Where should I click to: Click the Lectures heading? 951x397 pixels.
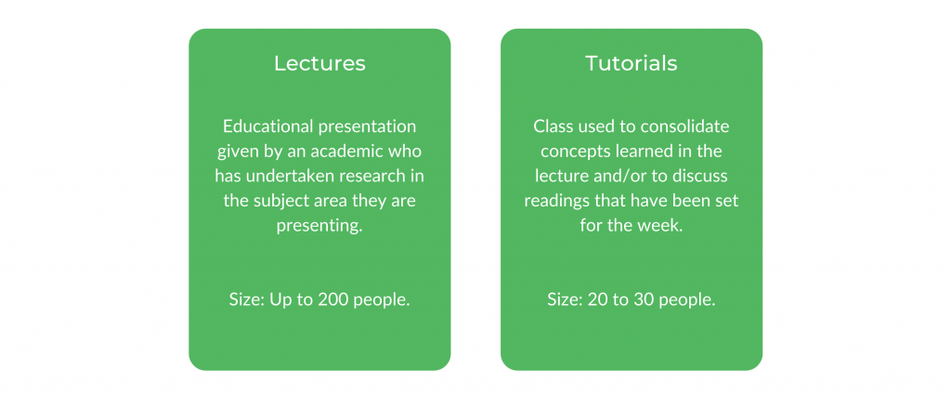(319, 64)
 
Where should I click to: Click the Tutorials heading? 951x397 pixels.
(632, 64)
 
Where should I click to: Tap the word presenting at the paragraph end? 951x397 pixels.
(319, 227)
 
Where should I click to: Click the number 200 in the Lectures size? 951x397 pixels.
(333, 300)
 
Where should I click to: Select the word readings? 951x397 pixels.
(555, 201)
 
